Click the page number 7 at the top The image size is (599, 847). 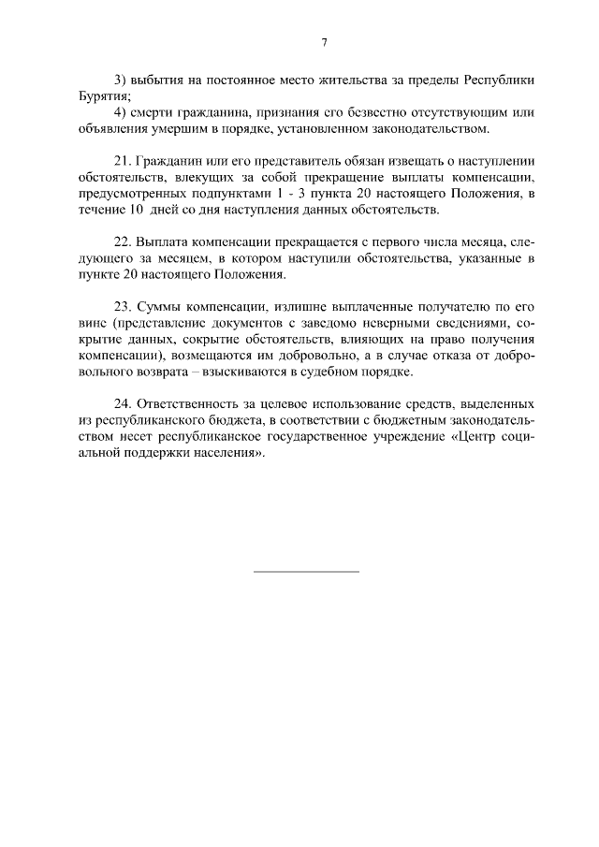click(x=324, y=42)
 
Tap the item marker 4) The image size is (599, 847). click(x=119, y=112)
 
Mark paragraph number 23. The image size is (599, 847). click(x=121, y=308)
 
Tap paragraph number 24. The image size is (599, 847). click(x=121, y=405)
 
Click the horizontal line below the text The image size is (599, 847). click(x=306, y=571)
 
